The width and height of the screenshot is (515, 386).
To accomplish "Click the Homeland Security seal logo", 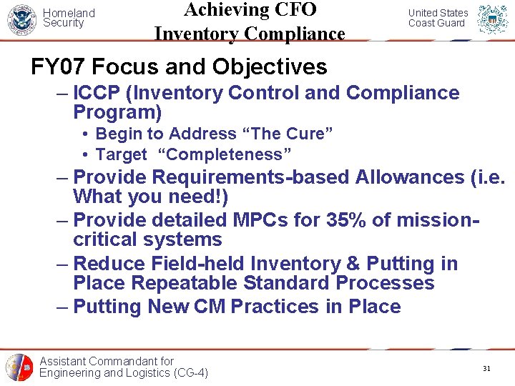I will [21, 19].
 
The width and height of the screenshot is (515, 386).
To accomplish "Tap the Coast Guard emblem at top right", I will [493, 20].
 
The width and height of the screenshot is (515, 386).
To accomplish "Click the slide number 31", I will [486, 369].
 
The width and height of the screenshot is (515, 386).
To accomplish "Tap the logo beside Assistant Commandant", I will [19, 367].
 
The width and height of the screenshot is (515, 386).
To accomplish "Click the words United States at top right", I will [438, 13].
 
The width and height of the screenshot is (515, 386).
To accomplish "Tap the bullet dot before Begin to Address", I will [85, 134].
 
